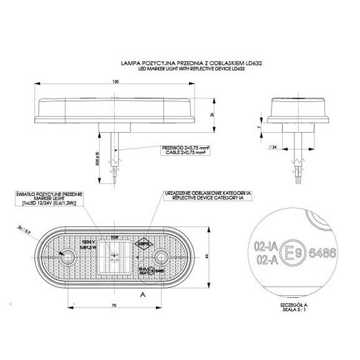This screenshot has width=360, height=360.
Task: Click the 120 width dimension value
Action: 115,81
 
